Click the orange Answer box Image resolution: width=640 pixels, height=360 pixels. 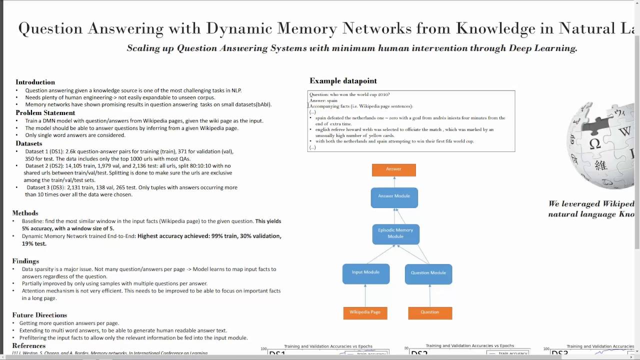tap(393, 170)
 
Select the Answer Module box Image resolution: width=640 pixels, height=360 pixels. tap(394, 197)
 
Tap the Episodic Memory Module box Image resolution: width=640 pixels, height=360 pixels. tap(395, 234)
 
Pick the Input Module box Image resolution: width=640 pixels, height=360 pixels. tap(365, 273)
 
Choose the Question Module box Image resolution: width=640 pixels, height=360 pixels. tap(428, 274)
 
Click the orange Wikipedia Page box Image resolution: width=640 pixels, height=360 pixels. tap(365, 313)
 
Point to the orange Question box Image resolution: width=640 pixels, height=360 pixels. tap(430, 313)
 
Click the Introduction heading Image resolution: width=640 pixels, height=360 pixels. tap(35, 82)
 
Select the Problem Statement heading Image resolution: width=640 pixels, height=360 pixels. tap(45, 113)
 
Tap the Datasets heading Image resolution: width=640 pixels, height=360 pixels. tap(29, 143)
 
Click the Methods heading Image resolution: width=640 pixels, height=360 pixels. tap(25, 213)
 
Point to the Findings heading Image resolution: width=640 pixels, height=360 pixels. tap(25, 261)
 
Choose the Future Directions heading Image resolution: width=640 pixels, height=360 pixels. tap(39, 315)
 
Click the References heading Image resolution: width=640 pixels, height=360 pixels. tap(28, 346)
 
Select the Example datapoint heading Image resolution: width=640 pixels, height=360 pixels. tap(343, 81)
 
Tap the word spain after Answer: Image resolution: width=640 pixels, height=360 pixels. tap(332, 100)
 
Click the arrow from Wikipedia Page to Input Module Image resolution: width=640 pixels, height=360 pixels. tap(365, 295)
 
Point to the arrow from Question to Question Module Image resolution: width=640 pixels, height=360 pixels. tap(429, 295)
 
